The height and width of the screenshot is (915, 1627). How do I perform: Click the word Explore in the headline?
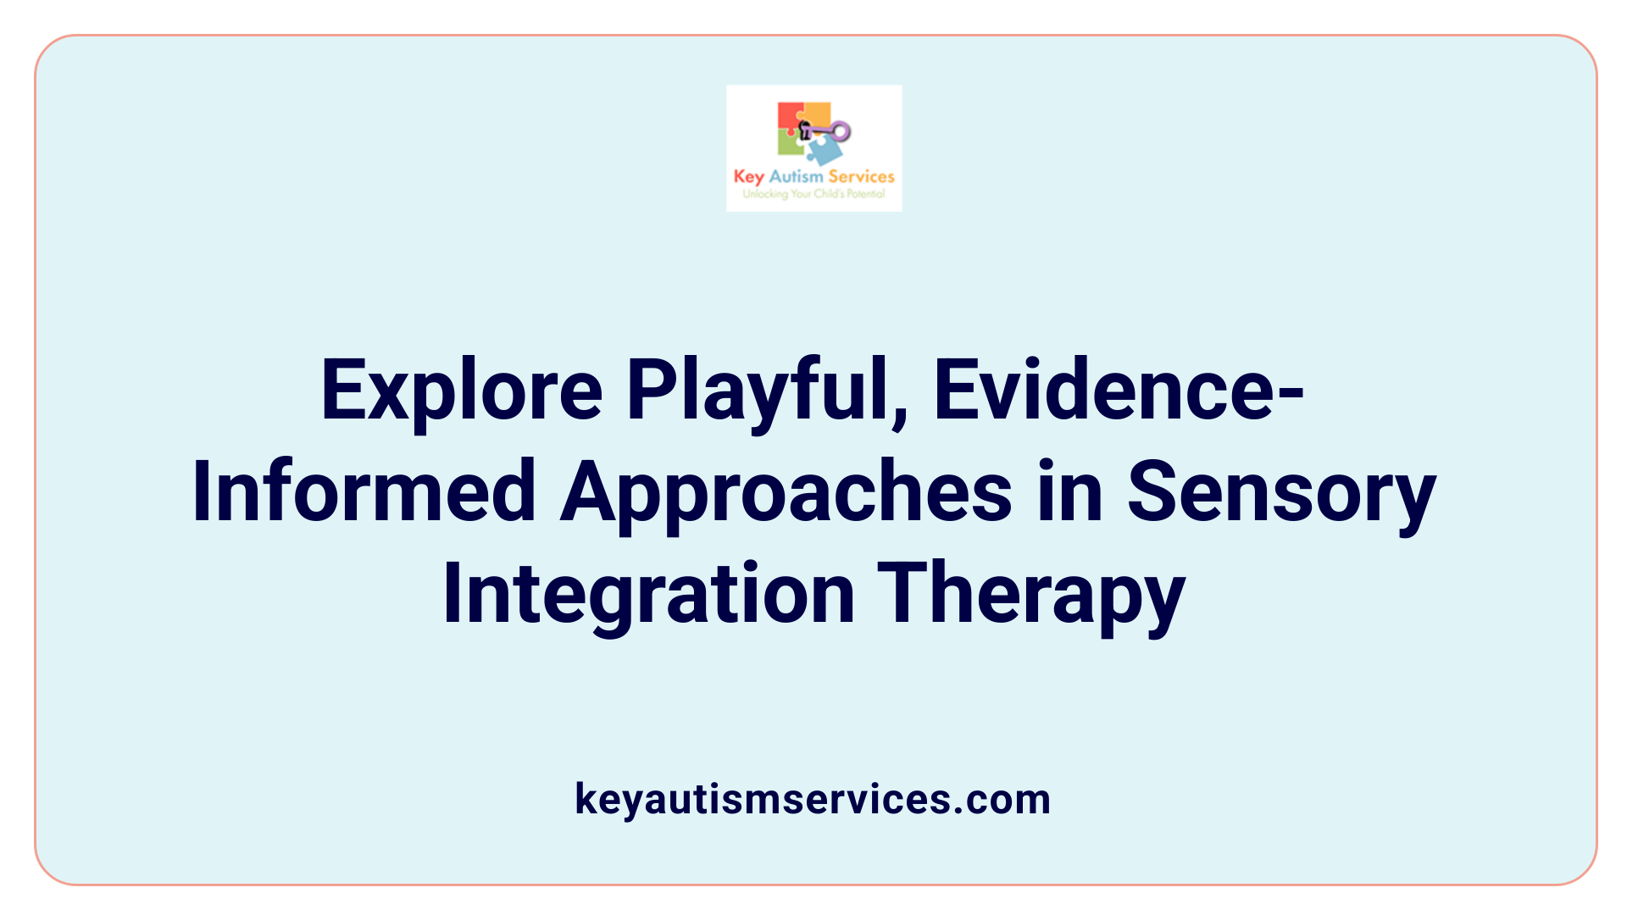tap(462, 391)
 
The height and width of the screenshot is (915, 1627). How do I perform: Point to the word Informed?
tap(364, 492)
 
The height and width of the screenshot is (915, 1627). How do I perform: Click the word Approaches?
tap(786, 492)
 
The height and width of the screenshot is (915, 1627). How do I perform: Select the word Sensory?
tap(1281, 492)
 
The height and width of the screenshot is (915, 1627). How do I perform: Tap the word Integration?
tap(648, 594)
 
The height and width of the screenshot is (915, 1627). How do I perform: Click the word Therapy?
tap(1030, 594)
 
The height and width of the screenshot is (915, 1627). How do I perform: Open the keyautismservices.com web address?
tap(813, 799)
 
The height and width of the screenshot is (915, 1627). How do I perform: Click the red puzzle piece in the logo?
tap(790, 116)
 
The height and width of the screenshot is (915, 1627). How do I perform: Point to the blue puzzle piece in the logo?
tap(825, 151)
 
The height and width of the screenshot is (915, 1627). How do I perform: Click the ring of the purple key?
tap(841, 131)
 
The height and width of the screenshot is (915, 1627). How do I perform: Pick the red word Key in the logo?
tap(749, 177)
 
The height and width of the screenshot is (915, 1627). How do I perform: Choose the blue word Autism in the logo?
tap(796, 177)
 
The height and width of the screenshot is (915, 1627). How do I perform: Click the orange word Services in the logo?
tap(861, 177)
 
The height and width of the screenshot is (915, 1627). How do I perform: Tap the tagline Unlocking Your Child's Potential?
tap(813, 194)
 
